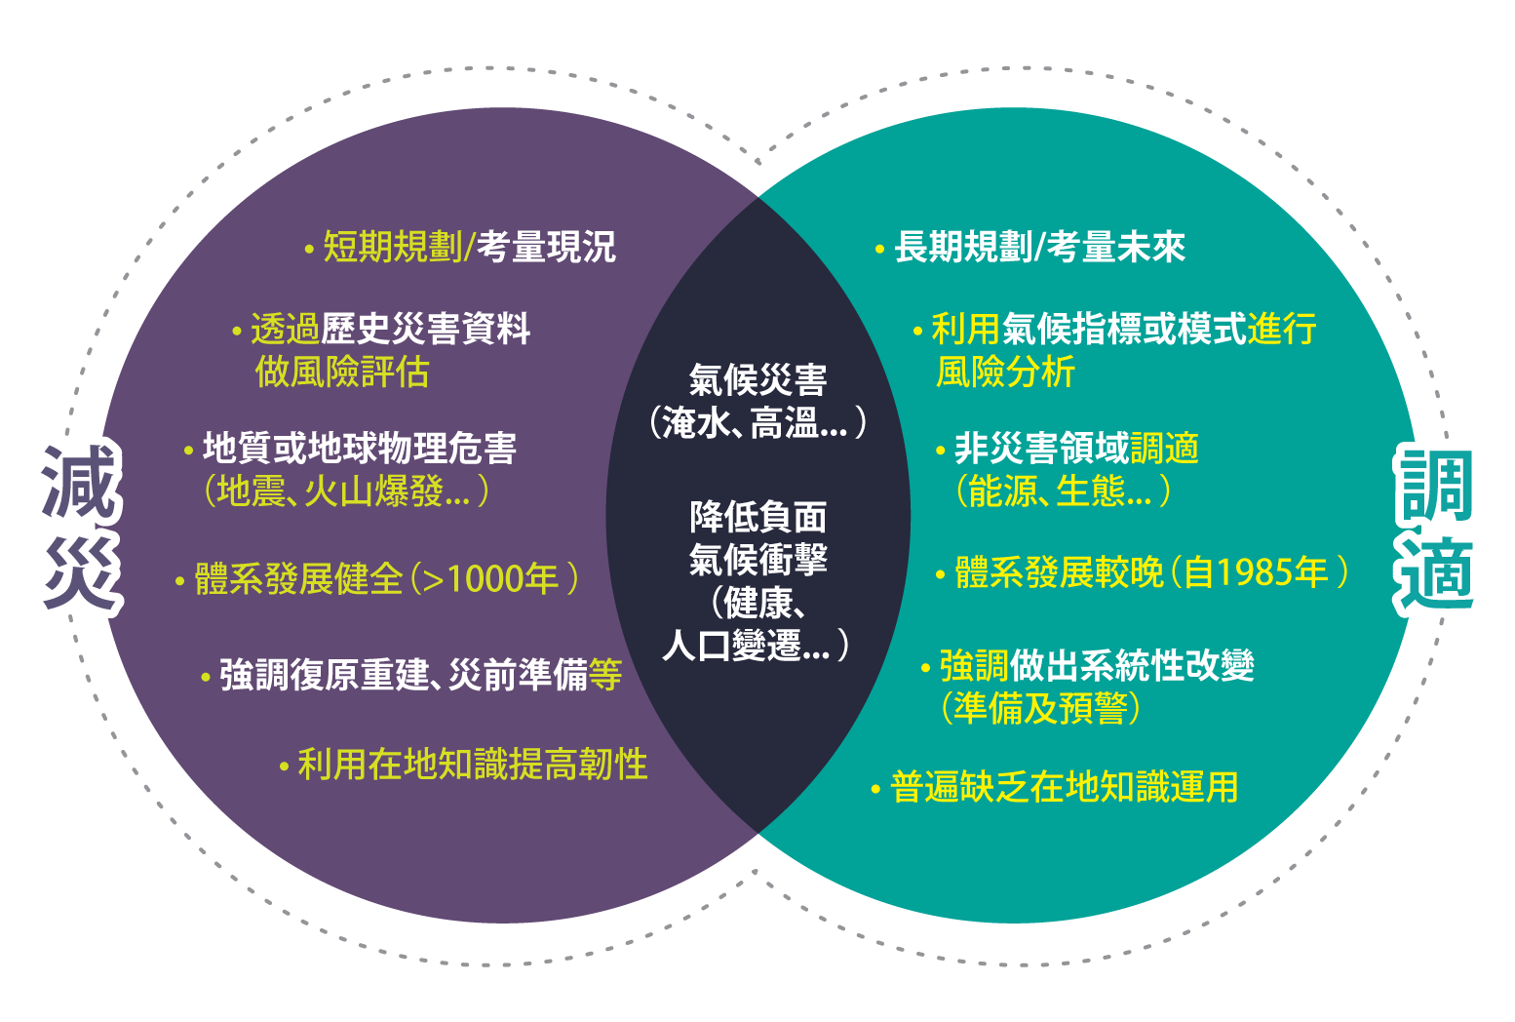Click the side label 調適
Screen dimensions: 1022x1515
pos(1437,528)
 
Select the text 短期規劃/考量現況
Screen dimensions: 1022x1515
pos(469,248)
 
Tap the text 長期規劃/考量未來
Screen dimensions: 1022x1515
pos(1039,248)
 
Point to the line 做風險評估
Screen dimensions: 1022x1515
pos(342,373)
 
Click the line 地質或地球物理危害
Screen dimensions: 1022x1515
pos(359,449)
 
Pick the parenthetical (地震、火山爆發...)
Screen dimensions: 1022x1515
pos(346,491)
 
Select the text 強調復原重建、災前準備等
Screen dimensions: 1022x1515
pos(420,675)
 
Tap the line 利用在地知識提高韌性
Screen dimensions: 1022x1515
pos(472,765)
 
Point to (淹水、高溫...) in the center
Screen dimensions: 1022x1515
pos(757,423)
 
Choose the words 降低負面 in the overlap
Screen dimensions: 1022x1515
pos(757,517)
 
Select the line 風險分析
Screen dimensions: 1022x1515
pos(1005,373)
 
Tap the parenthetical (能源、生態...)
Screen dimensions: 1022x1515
pos(1063,491)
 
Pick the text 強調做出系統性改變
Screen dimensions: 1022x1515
pos(1097,666)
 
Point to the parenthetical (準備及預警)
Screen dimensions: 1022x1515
pos(1041,709)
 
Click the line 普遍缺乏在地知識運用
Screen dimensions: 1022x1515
pos(1064,787)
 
